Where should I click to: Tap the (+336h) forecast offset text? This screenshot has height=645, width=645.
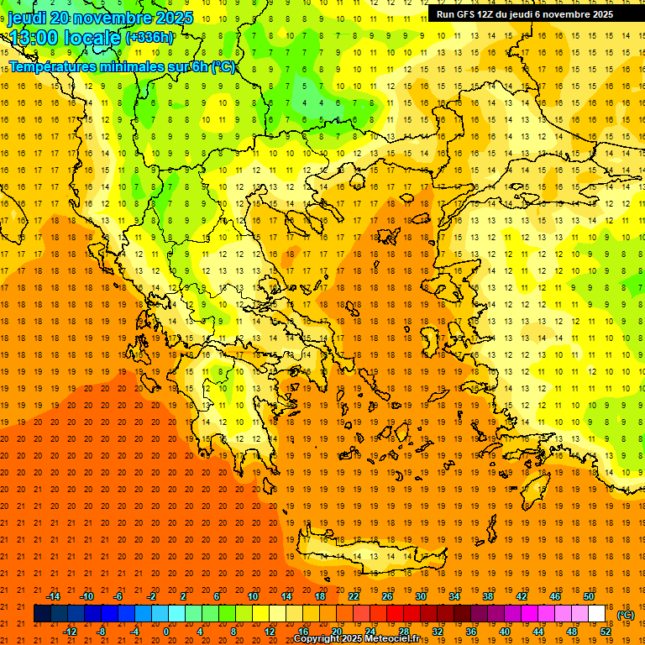(x=149, y=37)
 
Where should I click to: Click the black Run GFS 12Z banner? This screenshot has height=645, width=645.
(x=524, y=13)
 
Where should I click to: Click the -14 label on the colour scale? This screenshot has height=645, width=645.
(x=52, y=595)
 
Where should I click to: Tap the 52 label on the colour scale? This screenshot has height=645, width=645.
(x=606, y=632)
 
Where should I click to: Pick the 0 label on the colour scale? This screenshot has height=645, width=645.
(x=166, y=632)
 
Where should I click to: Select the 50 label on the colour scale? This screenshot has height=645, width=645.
(x=589, y=595)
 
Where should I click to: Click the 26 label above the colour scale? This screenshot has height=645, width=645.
(x=387, y=595)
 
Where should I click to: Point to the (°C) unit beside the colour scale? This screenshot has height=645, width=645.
(x=626, y=615)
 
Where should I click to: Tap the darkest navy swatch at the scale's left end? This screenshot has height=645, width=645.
(x=42, y=614)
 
